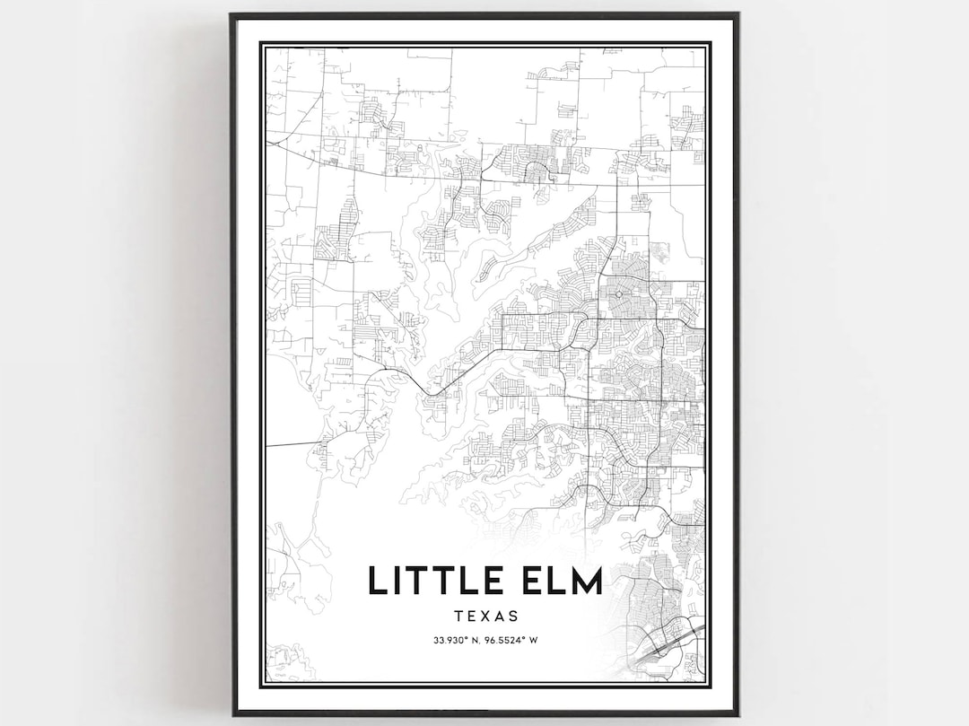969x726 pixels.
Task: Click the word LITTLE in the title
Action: pyautogui.click(x=433, y=581)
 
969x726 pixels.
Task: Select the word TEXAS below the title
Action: pyautogui.click(x=486, y=617)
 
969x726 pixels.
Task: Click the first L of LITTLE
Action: pyautogui.click(x=376, y=581)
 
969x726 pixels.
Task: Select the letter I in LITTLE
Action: pyautogui.click(x=397, y=581)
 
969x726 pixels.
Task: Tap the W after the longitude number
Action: pyautogui.click(x=534, y=641)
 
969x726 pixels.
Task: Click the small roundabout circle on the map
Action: pyautogui.click(x=619, y=293)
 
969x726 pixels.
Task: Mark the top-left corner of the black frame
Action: pyautogui.click(x=231, y=14)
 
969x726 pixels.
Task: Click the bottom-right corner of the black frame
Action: pyautogui.click(x=738, y=714)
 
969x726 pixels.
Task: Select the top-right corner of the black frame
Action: pyautogui.click(x=738, y=14)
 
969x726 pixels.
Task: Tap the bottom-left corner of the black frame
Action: pyautogui.click(x=231, y=714)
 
